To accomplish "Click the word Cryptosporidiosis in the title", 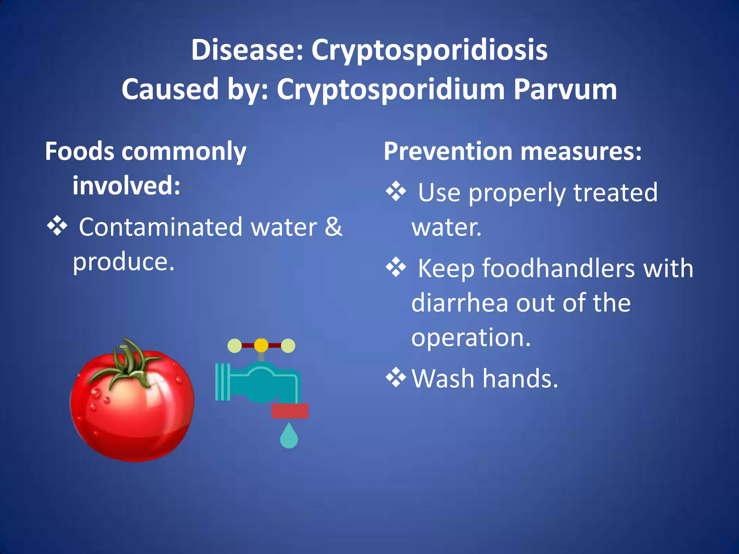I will tap(429, 50).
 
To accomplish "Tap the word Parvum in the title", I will tap(565, 89).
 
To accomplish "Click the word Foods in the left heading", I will tap(80, 151).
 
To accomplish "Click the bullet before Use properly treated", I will tap(396, 192).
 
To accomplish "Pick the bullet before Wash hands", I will tap(396, 378).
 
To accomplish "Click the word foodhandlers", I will tap(558, 268).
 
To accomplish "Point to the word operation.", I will tap(471, 338).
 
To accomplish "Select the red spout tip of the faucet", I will tap(290, 411).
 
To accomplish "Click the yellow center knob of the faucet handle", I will tap(261, 345).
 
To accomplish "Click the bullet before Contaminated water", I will tap(57, 227).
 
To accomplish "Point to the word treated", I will tap(615, 193).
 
